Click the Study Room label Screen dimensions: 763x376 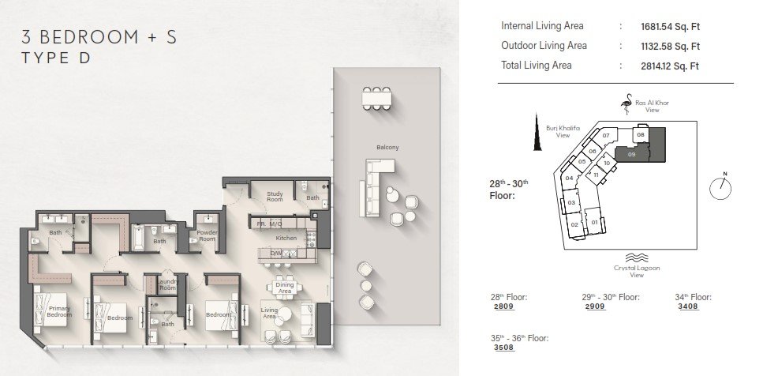tap(275, 197)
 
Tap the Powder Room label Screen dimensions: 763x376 tap(207, 235)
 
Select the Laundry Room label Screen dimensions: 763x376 tap(167, 285)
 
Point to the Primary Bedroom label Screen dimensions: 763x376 tap(59, 312)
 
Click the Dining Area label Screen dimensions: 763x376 tap(285, 288)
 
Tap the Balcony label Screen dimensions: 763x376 tap(387, 147)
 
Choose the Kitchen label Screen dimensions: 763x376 tap(286, 239)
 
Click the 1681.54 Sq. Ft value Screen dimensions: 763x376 tap(670, 27)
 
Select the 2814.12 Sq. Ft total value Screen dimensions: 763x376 tap(670, 66)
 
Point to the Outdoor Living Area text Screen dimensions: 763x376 tap(544, 46)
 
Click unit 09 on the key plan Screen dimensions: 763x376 tap(631, 154)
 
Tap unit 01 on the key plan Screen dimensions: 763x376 tap(594, 222)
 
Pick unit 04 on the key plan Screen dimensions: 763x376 tap(570, 179)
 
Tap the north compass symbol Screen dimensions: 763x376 tap(720, 187)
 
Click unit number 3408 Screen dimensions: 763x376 tap(688, 306)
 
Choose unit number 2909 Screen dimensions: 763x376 tap(596, 306)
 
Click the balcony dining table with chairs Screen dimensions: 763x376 tap(376, 99)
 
